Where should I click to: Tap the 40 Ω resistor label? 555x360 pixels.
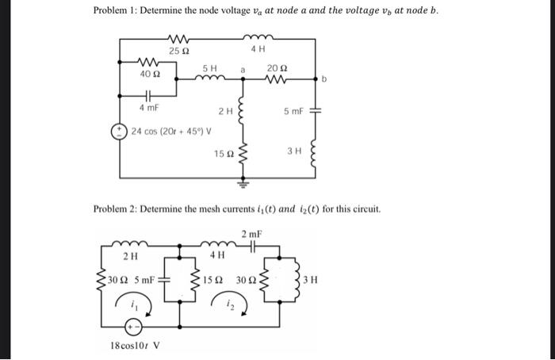(147, 75)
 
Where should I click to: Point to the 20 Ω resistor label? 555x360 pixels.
(274, 68)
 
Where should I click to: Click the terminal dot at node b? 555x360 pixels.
(320, 79)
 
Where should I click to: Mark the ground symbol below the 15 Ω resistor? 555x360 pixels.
(243, 182)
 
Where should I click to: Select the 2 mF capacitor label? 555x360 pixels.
(251, 234)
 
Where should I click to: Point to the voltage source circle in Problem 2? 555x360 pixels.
(136, 325)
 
